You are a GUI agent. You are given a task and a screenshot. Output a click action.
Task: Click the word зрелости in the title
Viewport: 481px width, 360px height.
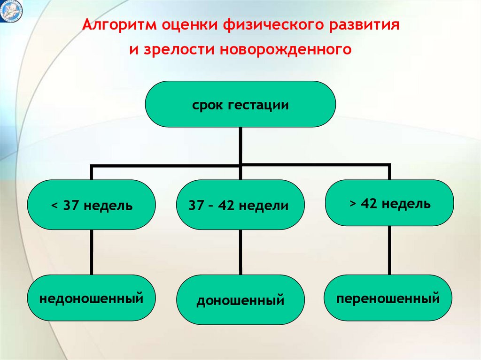coord(177,49)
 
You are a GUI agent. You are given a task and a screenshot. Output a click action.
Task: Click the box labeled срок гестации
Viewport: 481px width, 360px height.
coord(240,104)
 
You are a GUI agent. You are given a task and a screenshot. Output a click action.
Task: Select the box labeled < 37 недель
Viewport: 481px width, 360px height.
coord(92,205)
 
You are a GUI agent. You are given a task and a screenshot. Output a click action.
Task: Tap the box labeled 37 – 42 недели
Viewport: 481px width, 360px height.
coord(240,205)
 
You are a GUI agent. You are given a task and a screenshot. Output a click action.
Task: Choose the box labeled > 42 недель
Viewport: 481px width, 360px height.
coord(389,203)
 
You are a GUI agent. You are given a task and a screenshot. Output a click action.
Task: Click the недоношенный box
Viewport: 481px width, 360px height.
coord(92,298)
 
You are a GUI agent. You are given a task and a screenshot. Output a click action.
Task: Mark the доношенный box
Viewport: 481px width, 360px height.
coord(240,300)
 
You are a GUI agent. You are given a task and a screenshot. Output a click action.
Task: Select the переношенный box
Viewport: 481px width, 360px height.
coord(388,298)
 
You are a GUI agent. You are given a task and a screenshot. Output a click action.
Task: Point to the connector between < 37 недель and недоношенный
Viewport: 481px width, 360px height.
coord(92,252)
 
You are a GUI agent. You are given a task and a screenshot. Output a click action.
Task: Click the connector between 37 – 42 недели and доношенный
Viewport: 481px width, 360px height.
coord(240,252)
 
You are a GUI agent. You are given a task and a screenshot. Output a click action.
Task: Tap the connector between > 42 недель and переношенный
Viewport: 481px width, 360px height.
coord(389,250)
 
